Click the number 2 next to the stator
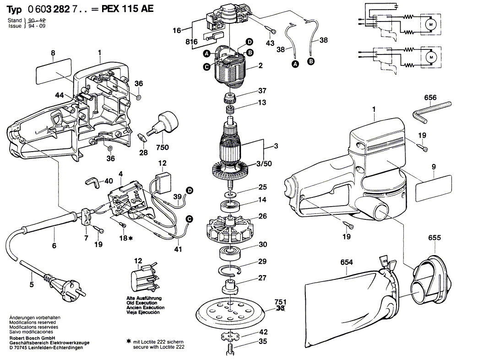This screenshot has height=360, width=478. pos(261,66)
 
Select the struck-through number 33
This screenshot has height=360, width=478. pos(280,309)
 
